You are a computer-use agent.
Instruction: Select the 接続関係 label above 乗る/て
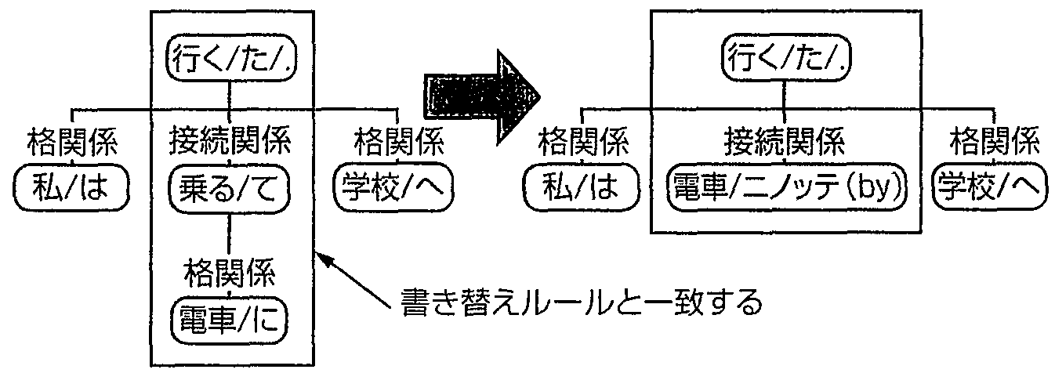coord(229,144)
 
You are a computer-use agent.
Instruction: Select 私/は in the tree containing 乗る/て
coord(71,189)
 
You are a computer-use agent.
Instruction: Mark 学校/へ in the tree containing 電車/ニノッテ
coord(994,187)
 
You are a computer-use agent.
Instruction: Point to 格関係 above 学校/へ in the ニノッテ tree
coord(994,143)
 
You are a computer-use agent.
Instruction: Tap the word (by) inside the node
coord(876,188)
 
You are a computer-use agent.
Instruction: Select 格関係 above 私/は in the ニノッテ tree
coord(582,143)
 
